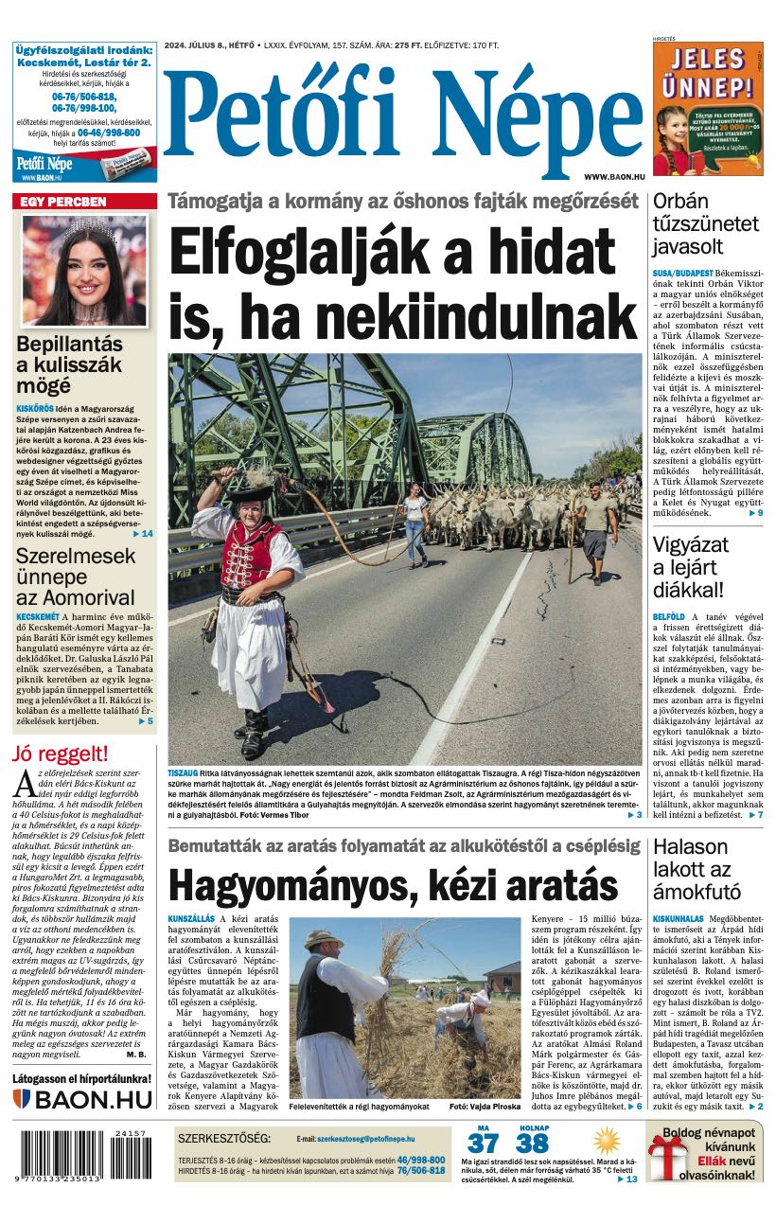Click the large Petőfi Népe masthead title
pyautogui.click(x=402, y=112)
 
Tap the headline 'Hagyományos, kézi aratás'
pyautogui.click(x=392, y=885)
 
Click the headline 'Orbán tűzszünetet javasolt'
pyautogui.click(x=705, y=224)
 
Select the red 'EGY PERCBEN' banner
pyautogui.click(x=84, y=202)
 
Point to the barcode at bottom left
pyautogui.click(x=83, y=1154)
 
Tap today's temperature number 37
pyautogui.click(x=483, y=1144)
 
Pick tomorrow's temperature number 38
pyautogui.click(x=533, y=1144)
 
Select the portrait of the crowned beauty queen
pyautogui.click(x=84, y=270)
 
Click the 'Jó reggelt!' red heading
pyautogui.click(x=61, y=754)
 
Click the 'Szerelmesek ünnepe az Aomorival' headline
pyautogui.click(x=76, y=577)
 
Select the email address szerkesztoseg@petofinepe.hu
pyautogui.click(x=365, y=1138)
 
